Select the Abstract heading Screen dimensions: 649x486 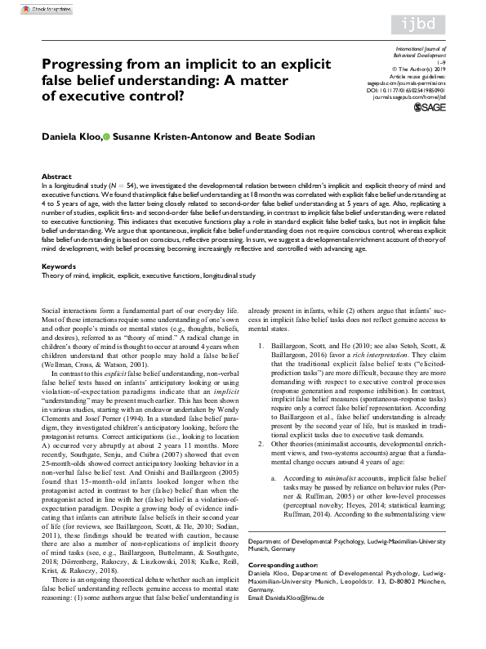click(x=56, y=177)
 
